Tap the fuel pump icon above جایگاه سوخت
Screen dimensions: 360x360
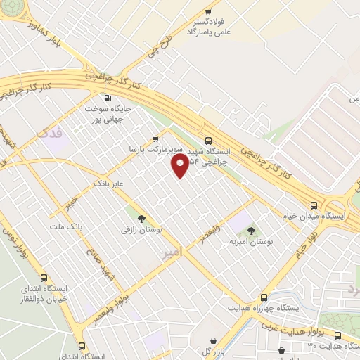(107, 98)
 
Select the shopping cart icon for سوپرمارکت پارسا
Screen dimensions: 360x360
(155, 139)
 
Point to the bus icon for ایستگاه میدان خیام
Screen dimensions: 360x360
(314, 205)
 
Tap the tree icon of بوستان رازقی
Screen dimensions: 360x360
(142, 219)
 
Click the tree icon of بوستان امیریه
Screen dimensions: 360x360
(251, 231)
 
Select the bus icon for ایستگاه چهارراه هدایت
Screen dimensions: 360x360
(264, 297)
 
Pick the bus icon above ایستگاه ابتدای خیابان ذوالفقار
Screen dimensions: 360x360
(44, 277)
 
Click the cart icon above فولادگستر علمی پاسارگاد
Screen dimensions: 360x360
(207, 12)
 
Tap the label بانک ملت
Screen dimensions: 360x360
(66, 227)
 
